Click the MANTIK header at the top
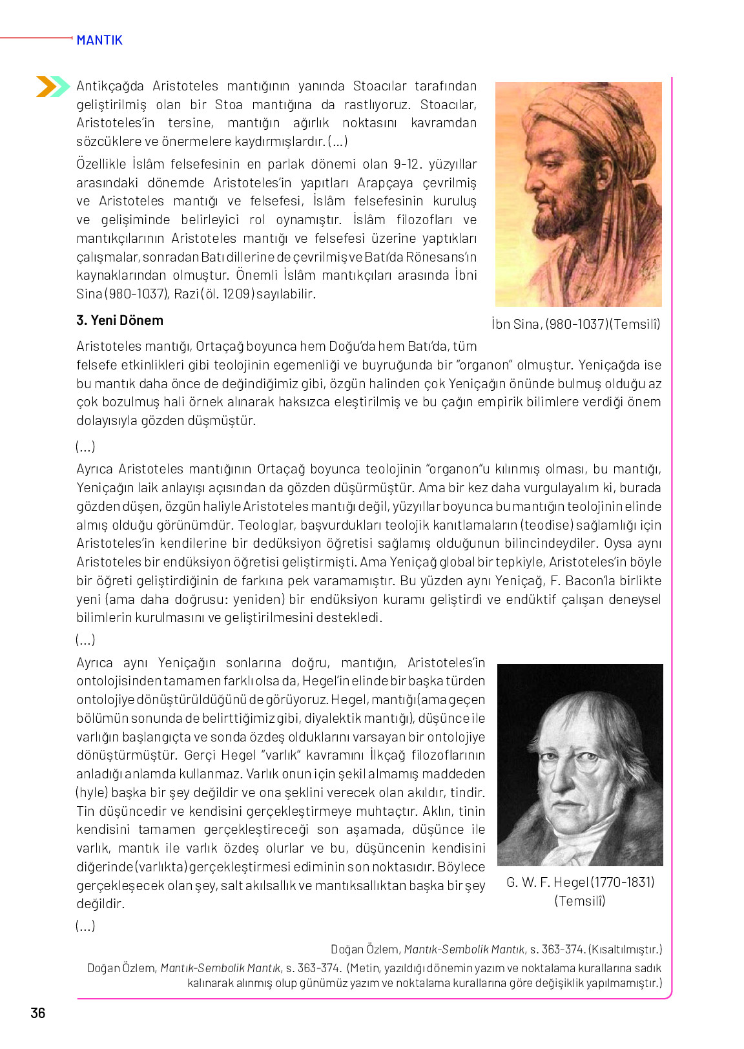pos(99,40)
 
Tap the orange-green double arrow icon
pos(52,86)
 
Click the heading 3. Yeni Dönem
pos(119,320)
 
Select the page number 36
pos(38,1013)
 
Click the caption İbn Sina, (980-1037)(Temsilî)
pos(575,324)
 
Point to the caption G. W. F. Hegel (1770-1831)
pos(580,882)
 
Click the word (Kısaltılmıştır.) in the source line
pos(625,950)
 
